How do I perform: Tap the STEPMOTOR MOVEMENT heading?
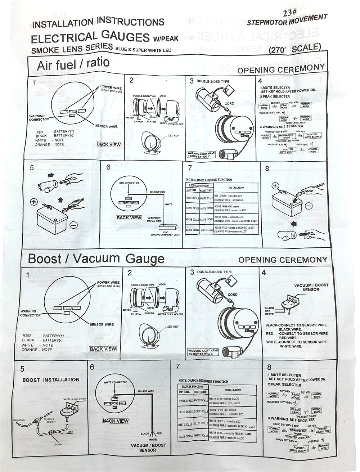pos(287,20)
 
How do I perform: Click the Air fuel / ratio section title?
pos(73,66)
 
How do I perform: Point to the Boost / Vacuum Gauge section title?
pos(96,259)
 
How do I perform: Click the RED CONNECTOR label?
pos(129,183)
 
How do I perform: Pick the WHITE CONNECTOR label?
pos(115,382)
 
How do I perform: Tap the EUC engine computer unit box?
pos(166,228)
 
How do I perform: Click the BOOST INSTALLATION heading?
pos(51,379)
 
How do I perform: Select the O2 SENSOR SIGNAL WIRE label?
pos(154,219)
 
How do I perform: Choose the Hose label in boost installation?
pos(69,432)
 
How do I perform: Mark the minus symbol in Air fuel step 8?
pos(309,207)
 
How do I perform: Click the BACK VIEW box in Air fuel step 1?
pos(109,144)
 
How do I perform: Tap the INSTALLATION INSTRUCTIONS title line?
pos(98,23)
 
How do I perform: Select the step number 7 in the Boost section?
pos(177,366)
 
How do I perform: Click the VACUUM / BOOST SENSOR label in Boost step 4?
pos(311,287)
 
